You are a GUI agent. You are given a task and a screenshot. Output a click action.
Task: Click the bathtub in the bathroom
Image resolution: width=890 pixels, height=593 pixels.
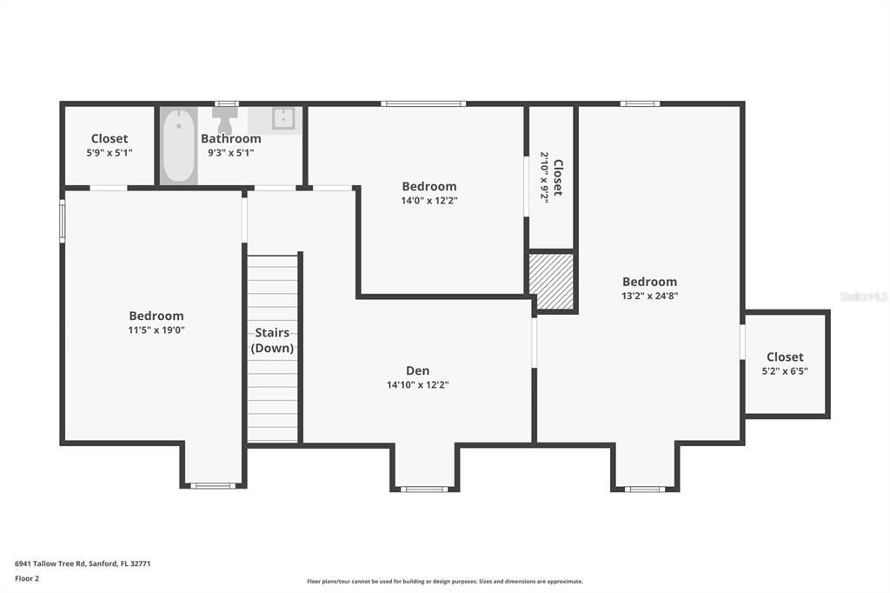[179, 145]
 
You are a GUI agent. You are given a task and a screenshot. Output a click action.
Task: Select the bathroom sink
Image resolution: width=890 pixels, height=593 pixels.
[283, 119]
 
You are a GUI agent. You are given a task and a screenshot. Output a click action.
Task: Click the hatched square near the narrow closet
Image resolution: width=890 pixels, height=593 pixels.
[552, 281]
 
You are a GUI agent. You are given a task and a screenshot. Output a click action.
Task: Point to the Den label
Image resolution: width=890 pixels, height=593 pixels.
[417, 370]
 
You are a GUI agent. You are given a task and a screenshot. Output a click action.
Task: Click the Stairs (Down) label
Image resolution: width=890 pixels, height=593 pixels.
[272, 340]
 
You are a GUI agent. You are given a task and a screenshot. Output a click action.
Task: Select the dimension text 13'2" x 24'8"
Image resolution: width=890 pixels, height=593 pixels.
[649, 296]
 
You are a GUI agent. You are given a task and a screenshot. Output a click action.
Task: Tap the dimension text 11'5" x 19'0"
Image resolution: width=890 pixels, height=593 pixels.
[156, 330]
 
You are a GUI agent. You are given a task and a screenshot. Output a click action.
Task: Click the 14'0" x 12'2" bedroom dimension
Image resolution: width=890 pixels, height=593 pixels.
[428, 200]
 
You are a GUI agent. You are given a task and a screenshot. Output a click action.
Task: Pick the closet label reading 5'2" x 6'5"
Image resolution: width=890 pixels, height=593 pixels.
[785, 370]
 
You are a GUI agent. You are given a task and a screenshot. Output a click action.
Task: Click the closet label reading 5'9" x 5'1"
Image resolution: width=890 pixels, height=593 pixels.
[110, 152]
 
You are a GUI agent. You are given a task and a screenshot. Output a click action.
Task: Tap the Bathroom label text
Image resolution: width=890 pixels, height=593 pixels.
[231, 138]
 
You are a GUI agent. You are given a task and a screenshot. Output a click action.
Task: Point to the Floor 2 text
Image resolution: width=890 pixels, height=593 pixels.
[27, 577]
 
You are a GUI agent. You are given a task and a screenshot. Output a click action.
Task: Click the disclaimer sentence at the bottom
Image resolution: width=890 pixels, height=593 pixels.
[444, 582]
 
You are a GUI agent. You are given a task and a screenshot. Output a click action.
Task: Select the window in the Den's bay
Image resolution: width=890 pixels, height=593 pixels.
[424, 489]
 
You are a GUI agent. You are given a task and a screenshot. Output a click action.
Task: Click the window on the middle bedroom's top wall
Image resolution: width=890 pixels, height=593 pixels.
[423, 104]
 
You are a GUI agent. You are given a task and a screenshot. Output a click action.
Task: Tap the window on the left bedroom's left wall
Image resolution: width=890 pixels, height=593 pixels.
[62, 220]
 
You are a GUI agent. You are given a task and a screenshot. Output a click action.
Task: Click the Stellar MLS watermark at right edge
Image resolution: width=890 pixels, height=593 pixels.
[864, 296]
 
